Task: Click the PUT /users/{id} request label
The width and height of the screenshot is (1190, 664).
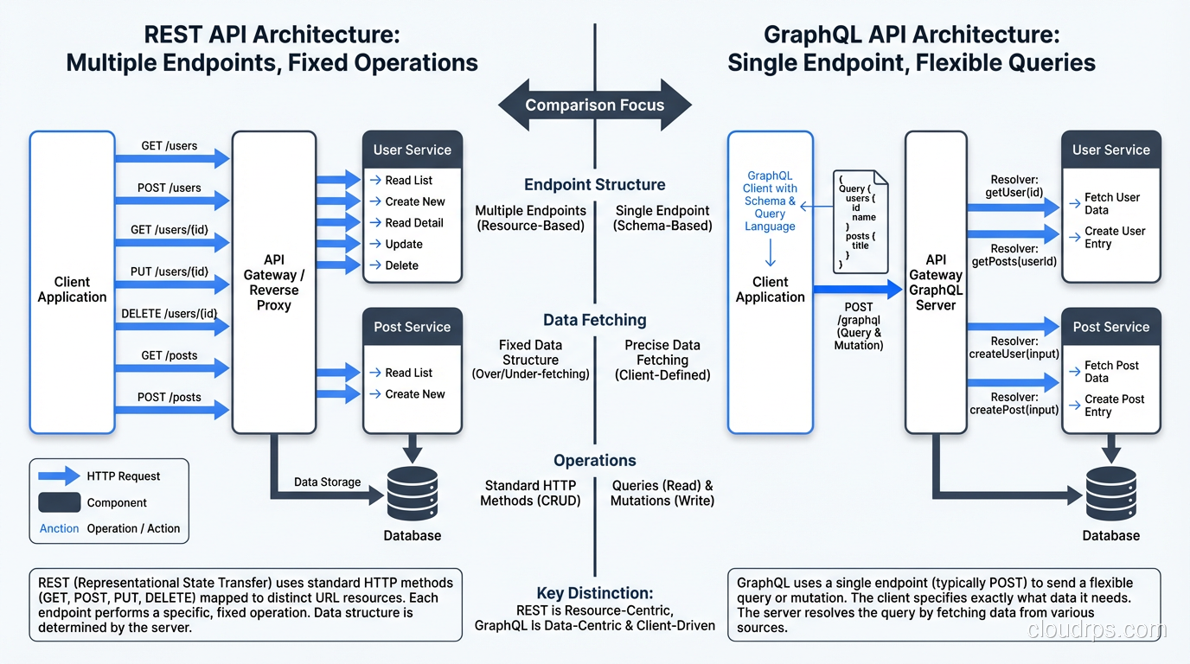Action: [170, 271]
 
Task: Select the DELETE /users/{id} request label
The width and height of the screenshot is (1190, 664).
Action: [170, 313]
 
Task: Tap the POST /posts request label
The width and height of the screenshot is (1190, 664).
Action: [170, 397]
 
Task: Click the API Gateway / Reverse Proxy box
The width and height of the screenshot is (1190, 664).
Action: [274, 282]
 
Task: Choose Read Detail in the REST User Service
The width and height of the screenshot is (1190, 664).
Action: [413, 222]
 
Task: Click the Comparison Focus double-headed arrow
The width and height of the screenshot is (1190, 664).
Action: [595, 105]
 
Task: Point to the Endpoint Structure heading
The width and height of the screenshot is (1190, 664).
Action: [595, 184]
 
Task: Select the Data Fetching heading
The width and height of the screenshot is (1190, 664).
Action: [595, 320]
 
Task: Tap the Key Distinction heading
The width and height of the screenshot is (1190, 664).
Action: [595, 593]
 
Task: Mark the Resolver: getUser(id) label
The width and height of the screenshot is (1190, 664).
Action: [1014, 186]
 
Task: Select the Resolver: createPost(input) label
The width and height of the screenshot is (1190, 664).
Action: [1014, 403]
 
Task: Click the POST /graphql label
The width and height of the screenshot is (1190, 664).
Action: [859, 326]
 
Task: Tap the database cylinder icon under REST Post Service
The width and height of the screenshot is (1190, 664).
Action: [413, 493]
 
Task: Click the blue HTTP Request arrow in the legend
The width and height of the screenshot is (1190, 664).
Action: [59, 476]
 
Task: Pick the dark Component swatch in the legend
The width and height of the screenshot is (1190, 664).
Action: [59, 502]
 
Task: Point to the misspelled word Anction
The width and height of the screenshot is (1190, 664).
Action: [59, 528]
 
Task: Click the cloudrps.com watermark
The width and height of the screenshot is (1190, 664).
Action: [1097, 630]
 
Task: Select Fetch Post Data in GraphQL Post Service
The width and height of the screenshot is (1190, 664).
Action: [1111, 372]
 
